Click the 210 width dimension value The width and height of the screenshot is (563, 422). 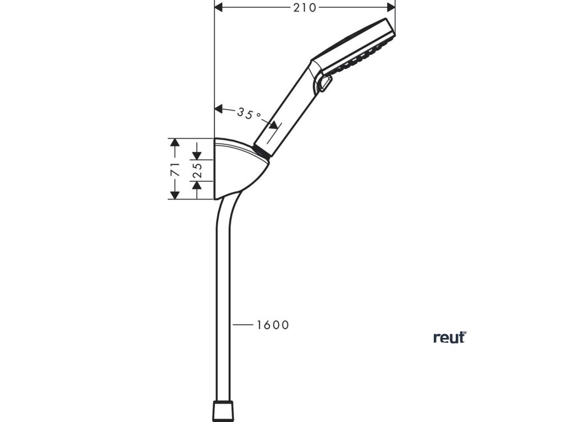[x=305, y=7]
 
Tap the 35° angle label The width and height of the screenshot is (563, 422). [x=249, y=113]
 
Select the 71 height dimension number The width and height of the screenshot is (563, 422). [x=175, y=169]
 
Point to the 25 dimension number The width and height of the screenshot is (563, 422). [x=196, y=169]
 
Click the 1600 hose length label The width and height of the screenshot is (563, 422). [x=272, y=325]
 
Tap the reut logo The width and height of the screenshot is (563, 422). [x=449, y=337]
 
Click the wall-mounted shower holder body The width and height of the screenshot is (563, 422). [x=236, y=168]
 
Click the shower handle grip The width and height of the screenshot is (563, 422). [x=289, y=107]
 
